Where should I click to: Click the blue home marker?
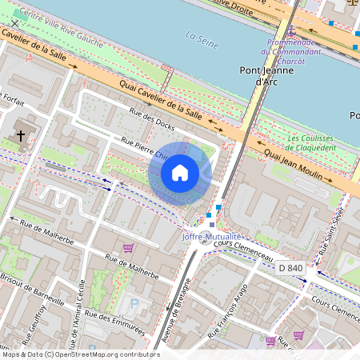click(x=180, y=173)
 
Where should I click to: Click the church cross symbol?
click(x=20, y=136)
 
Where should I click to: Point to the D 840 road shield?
click(x=292, y=267)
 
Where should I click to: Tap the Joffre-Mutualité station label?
click(x=211, y=237)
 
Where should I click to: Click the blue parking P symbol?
click(x=134, y=303)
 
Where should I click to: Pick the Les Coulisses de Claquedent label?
click(x=311, y=142)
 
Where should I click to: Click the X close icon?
click(x=14, y=23)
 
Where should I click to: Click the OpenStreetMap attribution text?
click(x=81, y=354)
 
